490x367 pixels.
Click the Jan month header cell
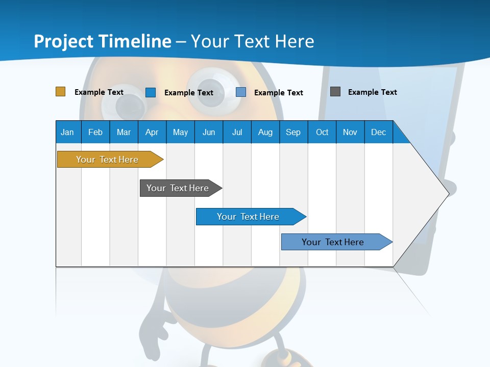[x=68, y=132]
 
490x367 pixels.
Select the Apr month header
[x=152, y=132]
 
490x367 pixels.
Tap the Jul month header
[x=237, y=132]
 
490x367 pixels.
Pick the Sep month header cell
[x=293, y=132]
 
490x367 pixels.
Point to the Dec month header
[x=378, y=132]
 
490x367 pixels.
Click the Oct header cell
[x=322, y=132]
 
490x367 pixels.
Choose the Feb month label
[x=95, y=132]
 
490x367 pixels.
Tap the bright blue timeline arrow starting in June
[x=249, y=217]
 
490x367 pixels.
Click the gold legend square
[x=61, y=92]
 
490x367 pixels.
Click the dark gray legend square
[x=335, y=92]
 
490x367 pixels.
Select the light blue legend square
[x=241, y=92]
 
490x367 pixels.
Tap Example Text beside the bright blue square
[x=188, y=93]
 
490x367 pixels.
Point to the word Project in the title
[x=64, y=41]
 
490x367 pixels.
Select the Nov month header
[x=350, y=132]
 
